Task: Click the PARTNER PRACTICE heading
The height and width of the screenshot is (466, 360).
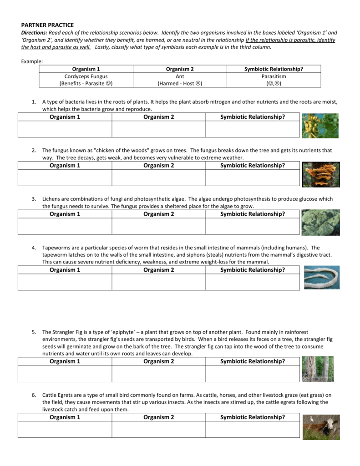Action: [x=47, y=25]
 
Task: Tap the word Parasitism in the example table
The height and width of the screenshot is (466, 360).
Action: [x=274, y=76]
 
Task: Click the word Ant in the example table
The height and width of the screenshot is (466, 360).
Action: [x=180, y=76]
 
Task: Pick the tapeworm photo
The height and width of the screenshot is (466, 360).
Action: [x=321, y=278]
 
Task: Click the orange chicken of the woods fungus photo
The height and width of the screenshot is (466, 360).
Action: [x=320, y=174]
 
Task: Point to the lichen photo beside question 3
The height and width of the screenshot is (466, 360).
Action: [x=320, y=222]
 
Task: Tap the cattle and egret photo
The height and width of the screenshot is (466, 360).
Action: [x=321, y=427]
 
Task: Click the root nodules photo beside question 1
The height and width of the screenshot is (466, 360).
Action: [x=320, y=126]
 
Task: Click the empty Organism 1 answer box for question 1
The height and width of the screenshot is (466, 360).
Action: [x=65, y=129]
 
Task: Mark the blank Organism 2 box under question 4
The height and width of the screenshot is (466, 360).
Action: [x=159, y=282]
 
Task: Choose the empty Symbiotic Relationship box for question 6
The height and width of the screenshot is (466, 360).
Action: [x=253, y=430]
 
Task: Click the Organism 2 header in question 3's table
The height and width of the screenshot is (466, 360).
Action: [x=159, y=214]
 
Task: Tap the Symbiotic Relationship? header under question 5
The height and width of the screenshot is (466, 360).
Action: [x=253, y=361]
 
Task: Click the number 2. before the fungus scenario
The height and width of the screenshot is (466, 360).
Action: [x=34, y=150]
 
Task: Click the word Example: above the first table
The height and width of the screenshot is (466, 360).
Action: [x=32, y=61]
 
